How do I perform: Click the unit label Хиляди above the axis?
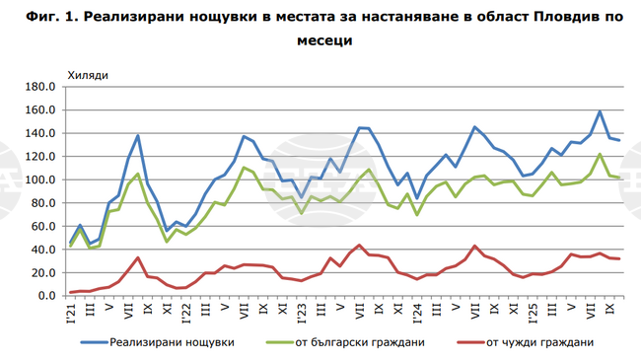pos(87,74)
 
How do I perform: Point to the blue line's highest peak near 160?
pos(600,111)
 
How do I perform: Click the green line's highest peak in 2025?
pos(600,154)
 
